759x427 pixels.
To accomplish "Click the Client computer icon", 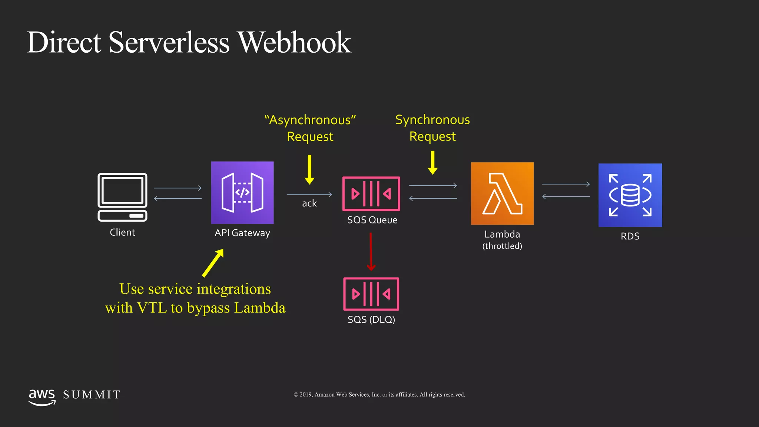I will pos(122,197).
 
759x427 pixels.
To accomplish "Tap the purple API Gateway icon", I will pos(242,192).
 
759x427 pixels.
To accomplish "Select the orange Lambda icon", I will pos(502,193).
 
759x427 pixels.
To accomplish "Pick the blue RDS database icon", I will pos(630,195).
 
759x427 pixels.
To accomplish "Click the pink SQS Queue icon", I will pos(371,193).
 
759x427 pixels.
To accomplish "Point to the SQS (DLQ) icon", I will pos(371,294).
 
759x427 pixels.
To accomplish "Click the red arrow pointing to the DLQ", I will pos(371,252).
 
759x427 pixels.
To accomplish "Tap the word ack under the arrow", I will pos(309,203).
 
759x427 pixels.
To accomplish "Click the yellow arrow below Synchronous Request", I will pos(432,163).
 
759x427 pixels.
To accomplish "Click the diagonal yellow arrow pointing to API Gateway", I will pos(213,263).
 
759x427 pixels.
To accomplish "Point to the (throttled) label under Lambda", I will pos(502,246).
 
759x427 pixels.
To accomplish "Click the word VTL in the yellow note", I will pos(152,308).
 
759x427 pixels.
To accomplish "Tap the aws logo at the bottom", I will pos(42,397).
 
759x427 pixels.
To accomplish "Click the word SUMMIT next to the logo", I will pos(92,395).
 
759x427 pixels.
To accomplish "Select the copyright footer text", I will pos(379,395).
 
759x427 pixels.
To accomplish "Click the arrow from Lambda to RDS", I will pos(566,184).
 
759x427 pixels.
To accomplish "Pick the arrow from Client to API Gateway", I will pos(178,188).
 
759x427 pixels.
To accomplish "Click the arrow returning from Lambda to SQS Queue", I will pos(433,198).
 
